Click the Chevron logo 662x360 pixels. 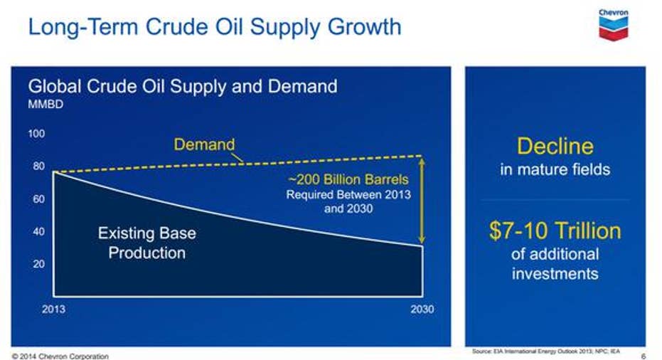(614, 25)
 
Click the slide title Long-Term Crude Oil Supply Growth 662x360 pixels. (215, 26)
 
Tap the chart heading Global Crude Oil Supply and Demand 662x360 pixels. (182, 86)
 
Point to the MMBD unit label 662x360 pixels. (46, 105)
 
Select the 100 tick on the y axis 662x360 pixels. (36, 134)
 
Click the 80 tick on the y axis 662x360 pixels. (38, 166)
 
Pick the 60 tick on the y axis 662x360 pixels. (38, 199)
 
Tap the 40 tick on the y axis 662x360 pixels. (38, 231)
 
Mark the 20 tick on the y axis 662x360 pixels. (38, 264)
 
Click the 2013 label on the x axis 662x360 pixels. (53, 309)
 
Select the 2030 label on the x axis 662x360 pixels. (422, 309)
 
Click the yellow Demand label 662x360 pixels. (204, 144)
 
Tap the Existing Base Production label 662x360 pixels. (147, 243)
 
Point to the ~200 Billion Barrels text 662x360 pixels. (348, 179)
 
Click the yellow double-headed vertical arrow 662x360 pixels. (422, 201)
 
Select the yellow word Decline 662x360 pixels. (555, 146)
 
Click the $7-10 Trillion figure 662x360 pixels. (555, 231)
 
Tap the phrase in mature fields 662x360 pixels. (555, 169)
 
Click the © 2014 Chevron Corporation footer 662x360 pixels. (60, 356)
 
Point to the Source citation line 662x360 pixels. (546, 351)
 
